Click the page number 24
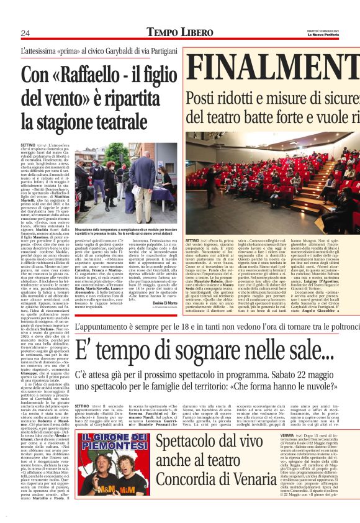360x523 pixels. coord(25,33)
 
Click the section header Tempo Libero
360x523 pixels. coord(171,32)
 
